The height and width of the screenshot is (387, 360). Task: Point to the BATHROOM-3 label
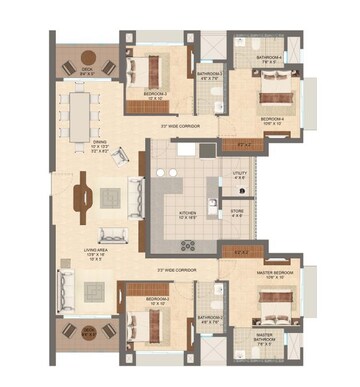[209, 75]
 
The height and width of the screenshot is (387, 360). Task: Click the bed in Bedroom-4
[272, 96]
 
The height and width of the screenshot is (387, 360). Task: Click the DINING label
[100, 146]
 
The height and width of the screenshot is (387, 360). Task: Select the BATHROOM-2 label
[209, 320]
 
